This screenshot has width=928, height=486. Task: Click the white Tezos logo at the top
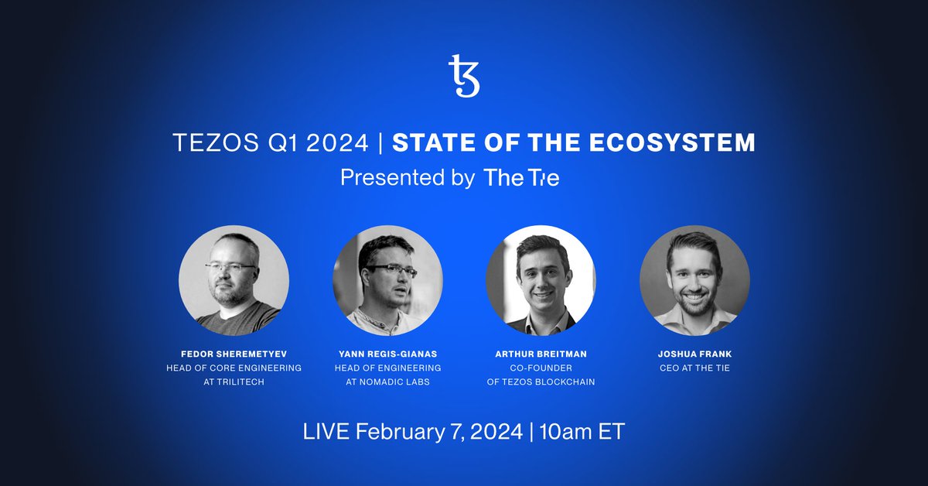tap(464, 76)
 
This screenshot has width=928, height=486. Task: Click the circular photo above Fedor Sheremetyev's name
tap(234, 279)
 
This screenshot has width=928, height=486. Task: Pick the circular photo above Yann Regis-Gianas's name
tap(387, 279)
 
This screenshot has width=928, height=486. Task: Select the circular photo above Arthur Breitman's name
tap(541, 279)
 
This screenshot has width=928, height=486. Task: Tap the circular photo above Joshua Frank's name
tap(694, 279)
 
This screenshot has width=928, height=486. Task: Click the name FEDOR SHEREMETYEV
tap(234, 354)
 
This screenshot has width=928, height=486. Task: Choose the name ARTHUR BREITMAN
tap(541, 354)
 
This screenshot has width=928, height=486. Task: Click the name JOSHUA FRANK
tap(694, 354)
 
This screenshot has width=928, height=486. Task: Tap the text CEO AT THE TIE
tap(694, 368)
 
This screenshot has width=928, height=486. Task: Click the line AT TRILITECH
tap(234, 382)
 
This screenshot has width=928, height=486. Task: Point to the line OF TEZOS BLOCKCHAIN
tap(541, 382)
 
